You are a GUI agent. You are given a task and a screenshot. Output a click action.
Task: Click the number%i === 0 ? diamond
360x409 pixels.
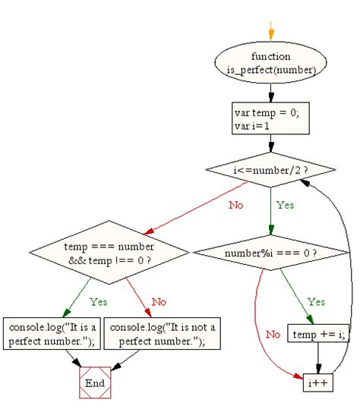click(271, 251)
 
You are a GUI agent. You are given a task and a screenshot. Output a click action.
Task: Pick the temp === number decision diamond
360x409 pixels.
click(109, 253)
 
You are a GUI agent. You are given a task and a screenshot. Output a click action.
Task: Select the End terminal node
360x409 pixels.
click(95, 383)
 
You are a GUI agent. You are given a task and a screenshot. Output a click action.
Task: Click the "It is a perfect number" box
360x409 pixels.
click(49, 333)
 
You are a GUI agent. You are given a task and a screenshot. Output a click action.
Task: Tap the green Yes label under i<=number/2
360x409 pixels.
click(285, 205)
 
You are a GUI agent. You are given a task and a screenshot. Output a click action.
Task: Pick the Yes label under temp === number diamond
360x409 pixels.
click(99, 301)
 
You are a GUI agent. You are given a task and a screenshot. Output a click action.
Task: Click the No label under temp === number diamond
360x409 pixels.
click(158, 301)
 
